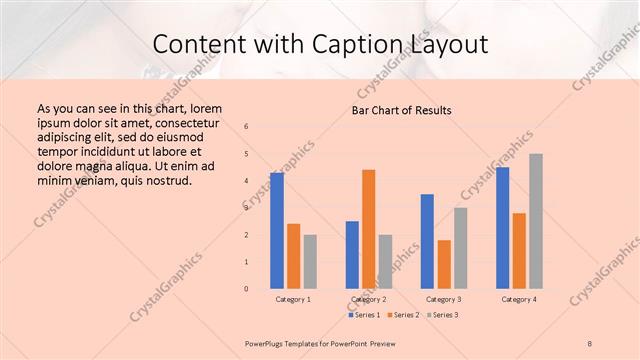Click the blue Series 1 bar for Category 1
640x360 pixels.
[x=277, y=231]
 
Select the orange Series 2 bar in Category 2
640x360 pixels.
[x=368, y=229]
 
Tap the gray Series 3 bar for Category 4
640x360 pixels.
[x=536, y=221]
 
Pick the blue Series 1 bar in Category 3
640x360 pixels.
[x=427, y=241]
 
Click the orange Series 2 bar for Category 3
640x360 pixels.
[x=444, y=264]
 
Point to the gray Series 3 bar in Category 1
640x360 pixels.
[x=310, y=262]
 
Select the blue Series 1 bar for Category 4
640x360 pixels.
[x=502, y=228]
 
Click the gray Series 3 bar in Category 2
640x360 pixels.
[x=385, y=262]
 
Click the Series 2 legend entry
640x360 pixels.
[x=403, y=315]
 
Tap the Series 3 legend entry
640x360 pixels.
[x=442, y=315]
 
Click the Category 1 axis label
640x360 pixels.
[x=293, y=299]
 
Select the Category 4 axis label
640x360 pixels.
[x=518, y=299]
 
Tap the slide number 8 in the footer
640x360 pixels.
[x=590, y=343]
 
